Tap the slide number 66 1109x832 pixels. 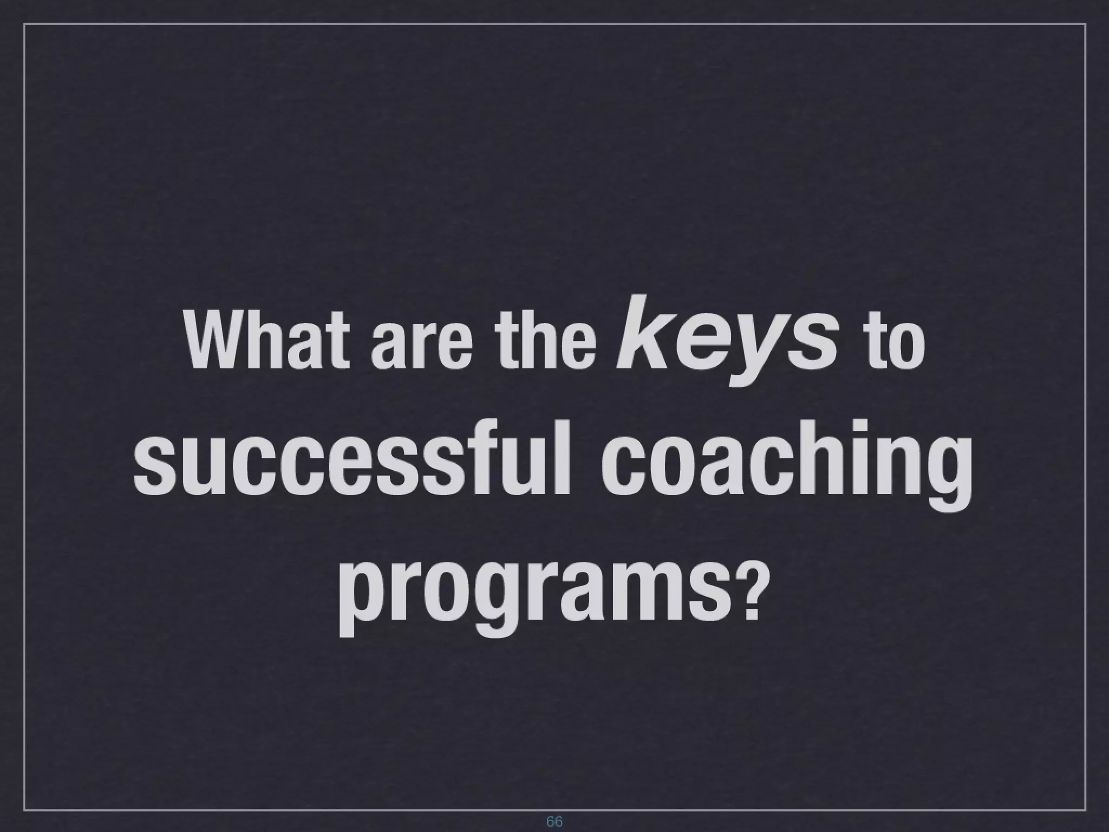554,821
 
